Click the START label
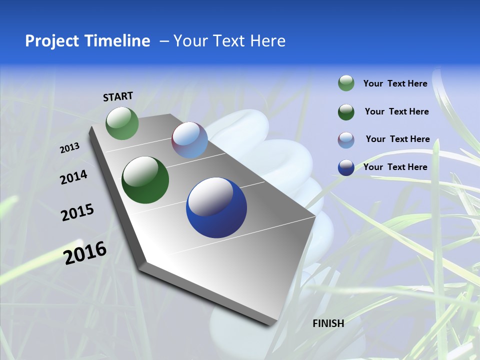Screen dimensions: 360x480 pos(118,96)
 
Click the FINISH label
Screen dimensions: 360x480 pos(328,323)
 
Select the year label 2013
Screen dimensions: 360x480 pos(70,148)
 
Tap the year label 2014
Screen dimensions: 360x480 pos(73,177)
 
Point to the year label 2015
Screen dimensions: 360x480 pos(77,212)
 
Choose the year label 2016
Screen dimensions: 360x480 pos(85,252)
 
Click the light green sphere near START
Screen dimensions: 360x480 pos(122,123)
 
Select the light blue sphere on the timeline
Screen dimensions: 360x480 pos(189,140)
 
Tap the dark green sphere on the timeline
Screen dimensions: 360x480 pos(145,180)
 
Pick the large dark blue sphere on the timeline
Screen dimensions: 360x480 pos(216,207)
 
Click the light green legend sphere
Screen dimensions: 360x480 pos(346,83)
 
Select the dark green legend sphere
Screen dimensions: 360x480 pos(346,112)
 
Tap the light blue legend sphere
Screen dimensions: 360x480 pos(346,140)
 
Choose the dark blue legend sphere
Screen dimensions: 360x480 pos(346,167)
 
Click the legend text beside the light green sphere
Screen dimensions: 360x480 pos(395,84)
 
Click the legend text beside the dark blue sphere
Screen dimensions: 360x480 pos(395,167)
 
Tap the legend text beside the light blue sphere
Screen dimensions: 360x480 pos(397,139)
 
